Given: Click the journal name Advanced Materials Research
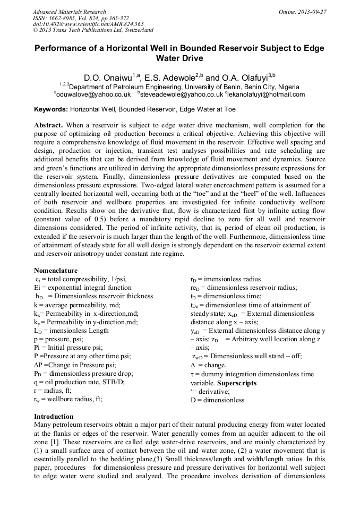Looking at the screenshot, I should (69, 12).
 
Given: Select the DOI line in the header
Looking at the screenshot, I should (88, 24).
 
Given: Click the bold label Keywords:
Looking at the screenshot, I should (51, 109).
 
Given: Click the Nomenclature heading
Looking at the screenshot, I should (56, 270).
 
